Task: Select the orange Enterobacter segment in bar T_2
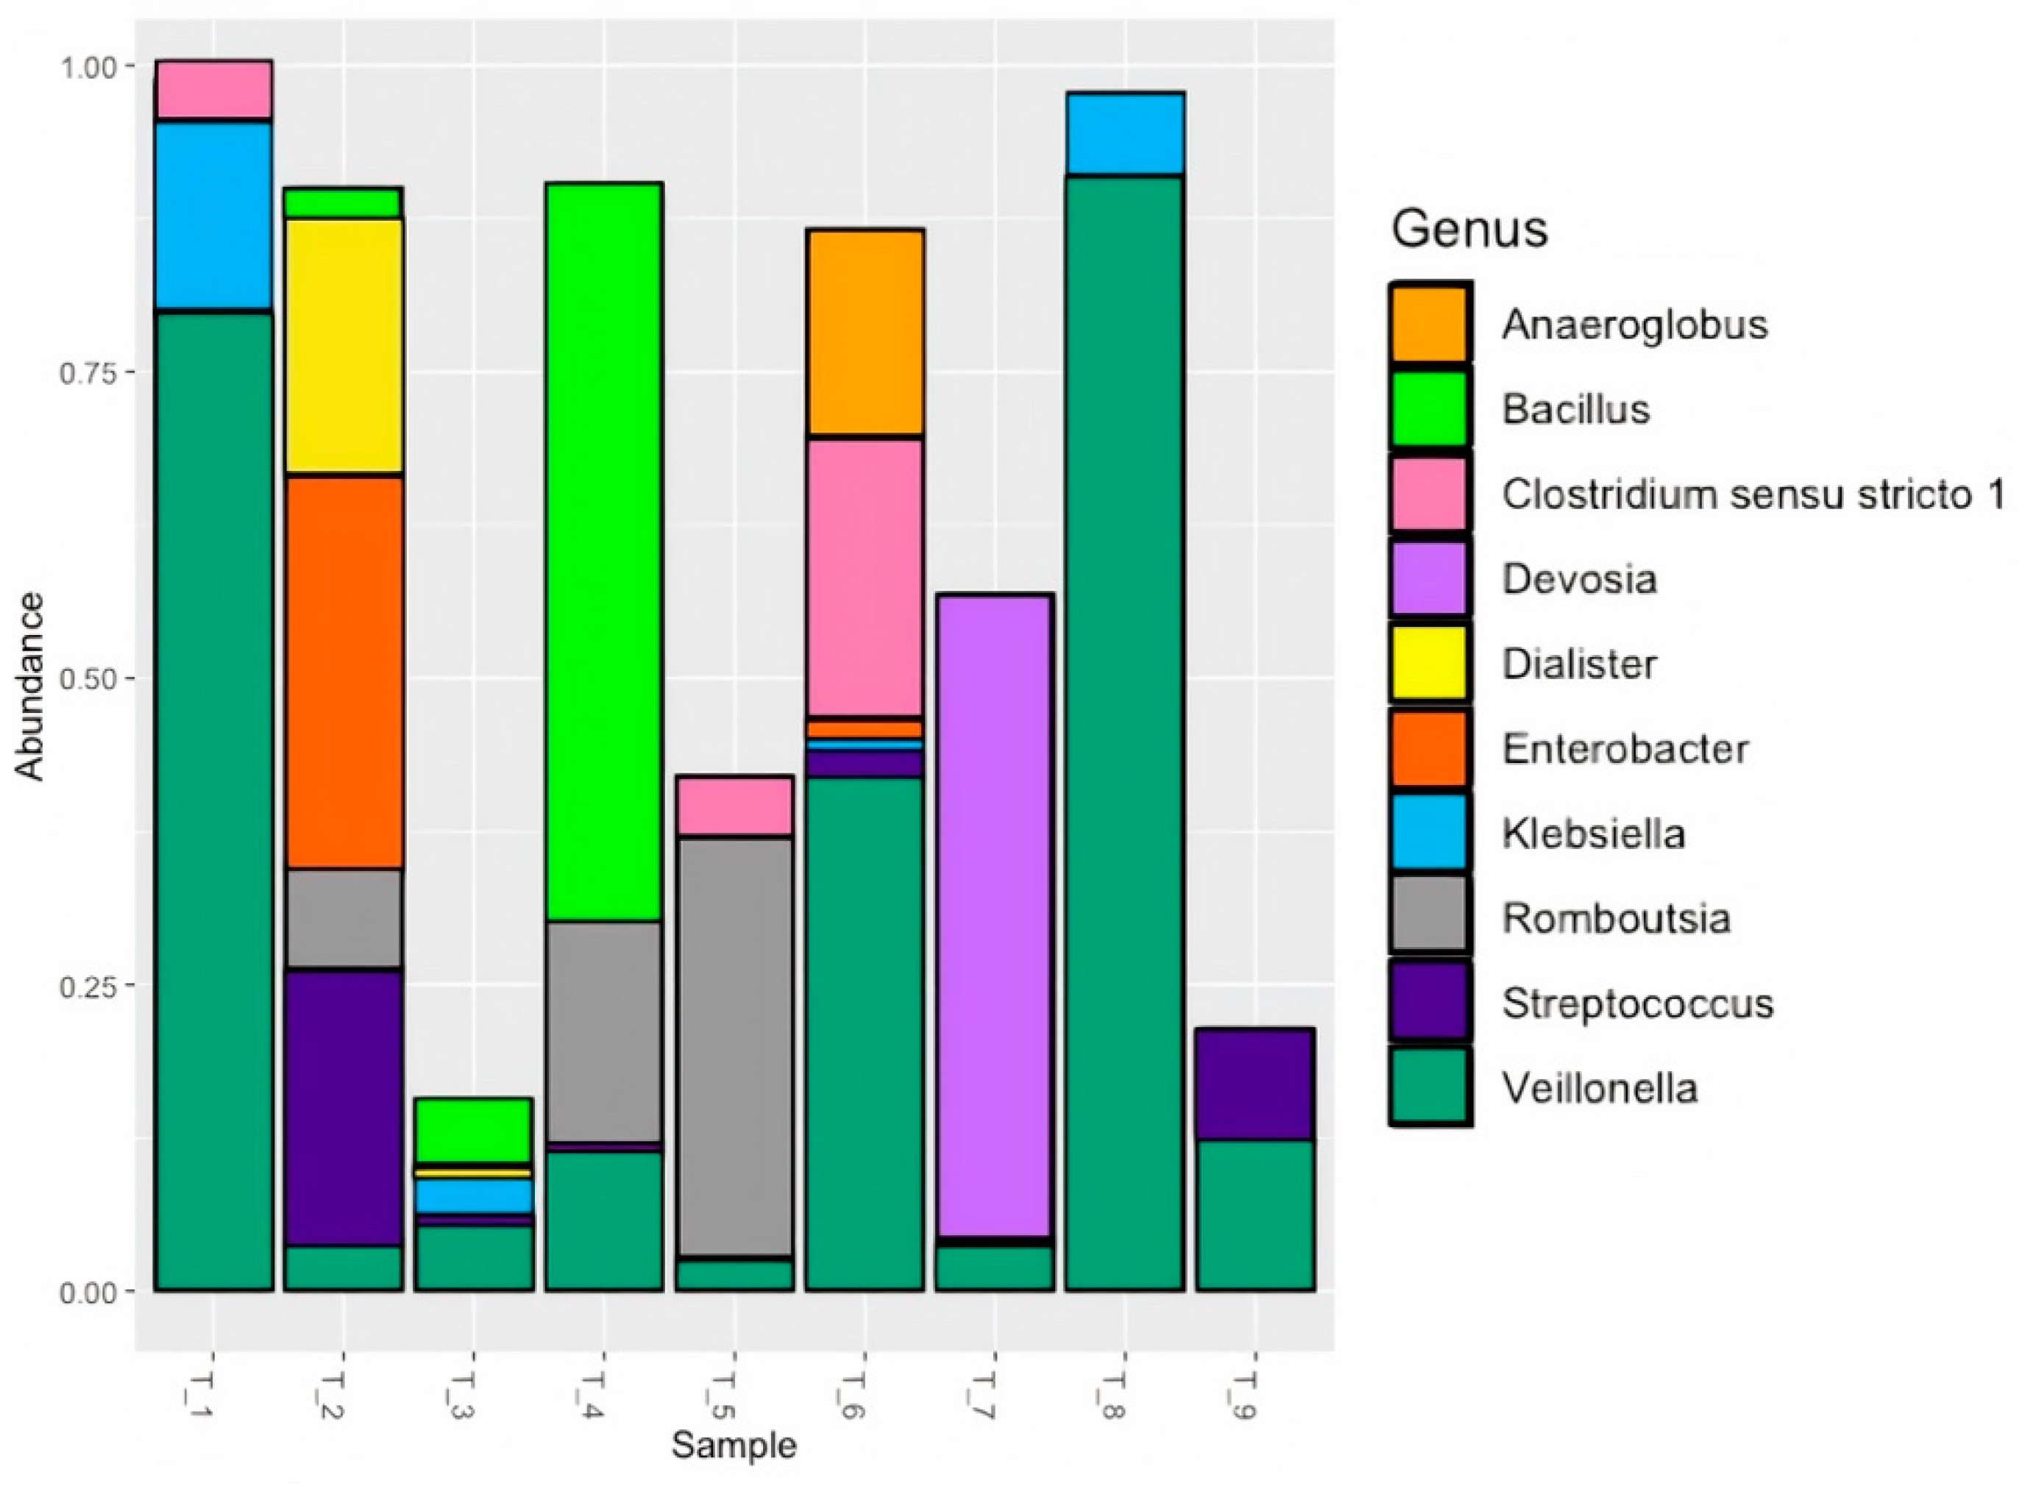pos(344,672)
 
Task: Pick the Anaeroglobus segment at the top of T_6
pos(865,333)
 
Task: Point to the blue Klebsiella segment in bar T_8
pos(1125,133)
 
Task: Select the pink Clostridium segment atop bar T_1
pos(214,89)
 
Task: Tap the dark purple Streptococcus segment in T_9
pos(1255,1085)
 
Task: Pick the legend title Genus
pos(1469,229)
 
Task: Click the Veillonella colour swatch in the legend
pos(1429,1086)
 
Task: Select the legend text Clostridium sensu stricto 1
pos(1752,495)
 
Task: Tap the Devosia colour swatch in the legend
pos(1429,578)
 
